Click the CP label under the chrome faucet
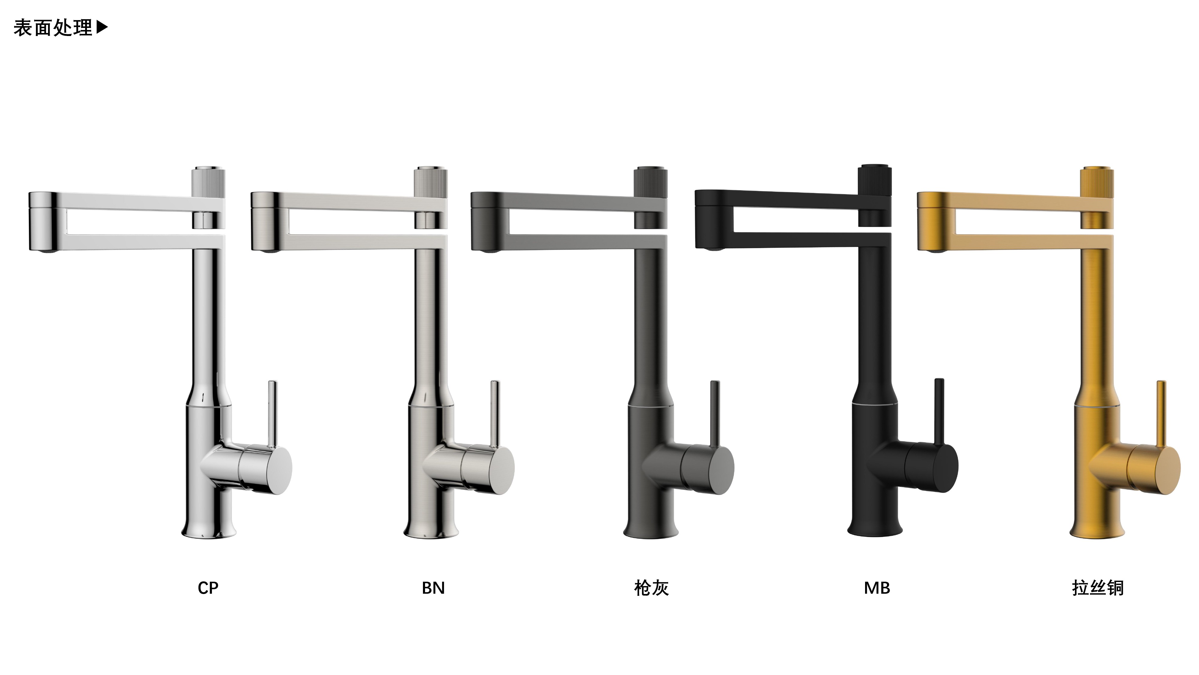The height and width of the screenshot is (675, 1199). tap(208, 588)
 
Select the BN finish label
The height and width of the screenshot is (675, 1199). tap(433, 588)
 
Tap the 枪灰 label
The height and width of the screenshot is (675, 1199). tap(651, 588)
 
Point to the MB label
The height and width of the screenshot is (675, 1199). tap(877, 588)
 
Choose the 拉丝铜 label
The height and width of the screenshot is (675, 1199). tap(1097, 588)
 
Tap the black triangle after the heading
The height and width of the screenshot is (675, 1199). tap(102, 28)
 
